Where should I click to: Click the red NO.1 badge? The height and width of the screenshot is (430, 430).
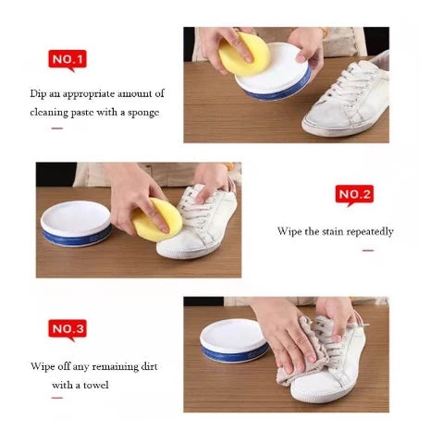[67, 60]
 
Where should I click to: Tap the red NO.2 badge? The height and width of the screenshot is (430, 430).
[354, 194]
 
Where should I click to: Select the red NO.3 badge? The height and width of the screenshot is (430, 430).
[67, 328]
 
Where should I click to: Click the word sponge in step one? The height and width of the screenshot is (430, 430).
[142, 112]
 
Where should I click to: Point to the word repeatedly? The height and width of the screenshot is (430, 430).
[369, 231]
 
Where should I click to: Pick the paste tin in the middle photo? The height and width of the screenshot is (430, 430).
[76, 222]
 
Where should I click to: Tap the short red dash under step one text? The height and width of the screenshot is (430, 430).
[57, 128]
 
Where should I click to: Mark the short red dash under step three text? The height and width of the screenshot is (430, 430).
[57, 398]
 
